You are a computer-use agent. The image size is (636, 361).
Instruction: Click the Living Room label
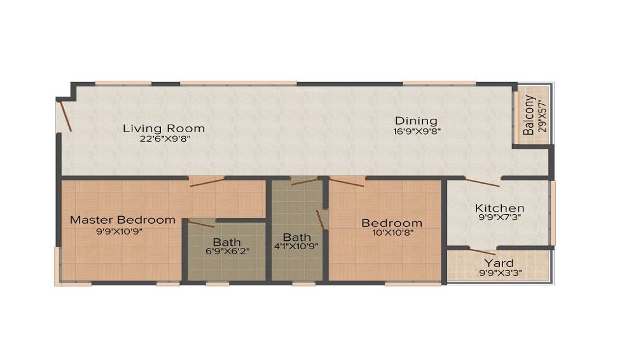coord(163,128)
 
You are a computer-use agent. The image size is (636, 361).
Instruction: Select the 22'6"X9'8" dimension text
coord(165,139)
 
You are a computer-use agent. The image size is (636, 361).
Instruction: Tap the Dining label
coord(416,121)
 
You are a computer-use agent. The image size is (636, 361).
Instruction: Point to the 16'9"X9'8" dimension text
coord(417,132)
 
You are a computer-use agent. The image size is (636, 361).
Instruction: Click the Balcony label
coord(529,115)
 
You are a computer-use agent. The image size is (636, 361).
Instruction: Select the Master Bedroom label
coord(123,220)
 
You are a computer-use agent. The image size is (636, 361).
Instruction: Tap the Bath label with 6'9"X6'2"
coord(227,242)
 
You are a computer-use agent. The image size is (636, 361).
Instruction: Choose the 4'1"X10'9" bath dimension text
coord(296,246)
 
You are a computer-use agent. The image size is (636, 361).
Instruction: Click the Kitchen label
coord(500,208)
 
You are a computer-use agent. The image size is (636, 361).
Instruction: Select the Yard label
coord(499,263)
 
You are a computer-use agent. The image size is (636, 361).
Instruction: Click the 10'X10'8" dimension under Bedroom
coord(392,233)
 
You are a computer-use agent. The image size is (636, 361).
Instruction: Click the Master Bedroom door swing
coord(207,183)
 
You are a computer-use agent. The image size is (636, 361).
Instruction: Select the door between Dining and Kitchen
coord(481,182)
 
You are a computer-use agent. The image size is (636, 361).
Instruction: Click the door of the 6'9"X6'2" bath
coord(201,224)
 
